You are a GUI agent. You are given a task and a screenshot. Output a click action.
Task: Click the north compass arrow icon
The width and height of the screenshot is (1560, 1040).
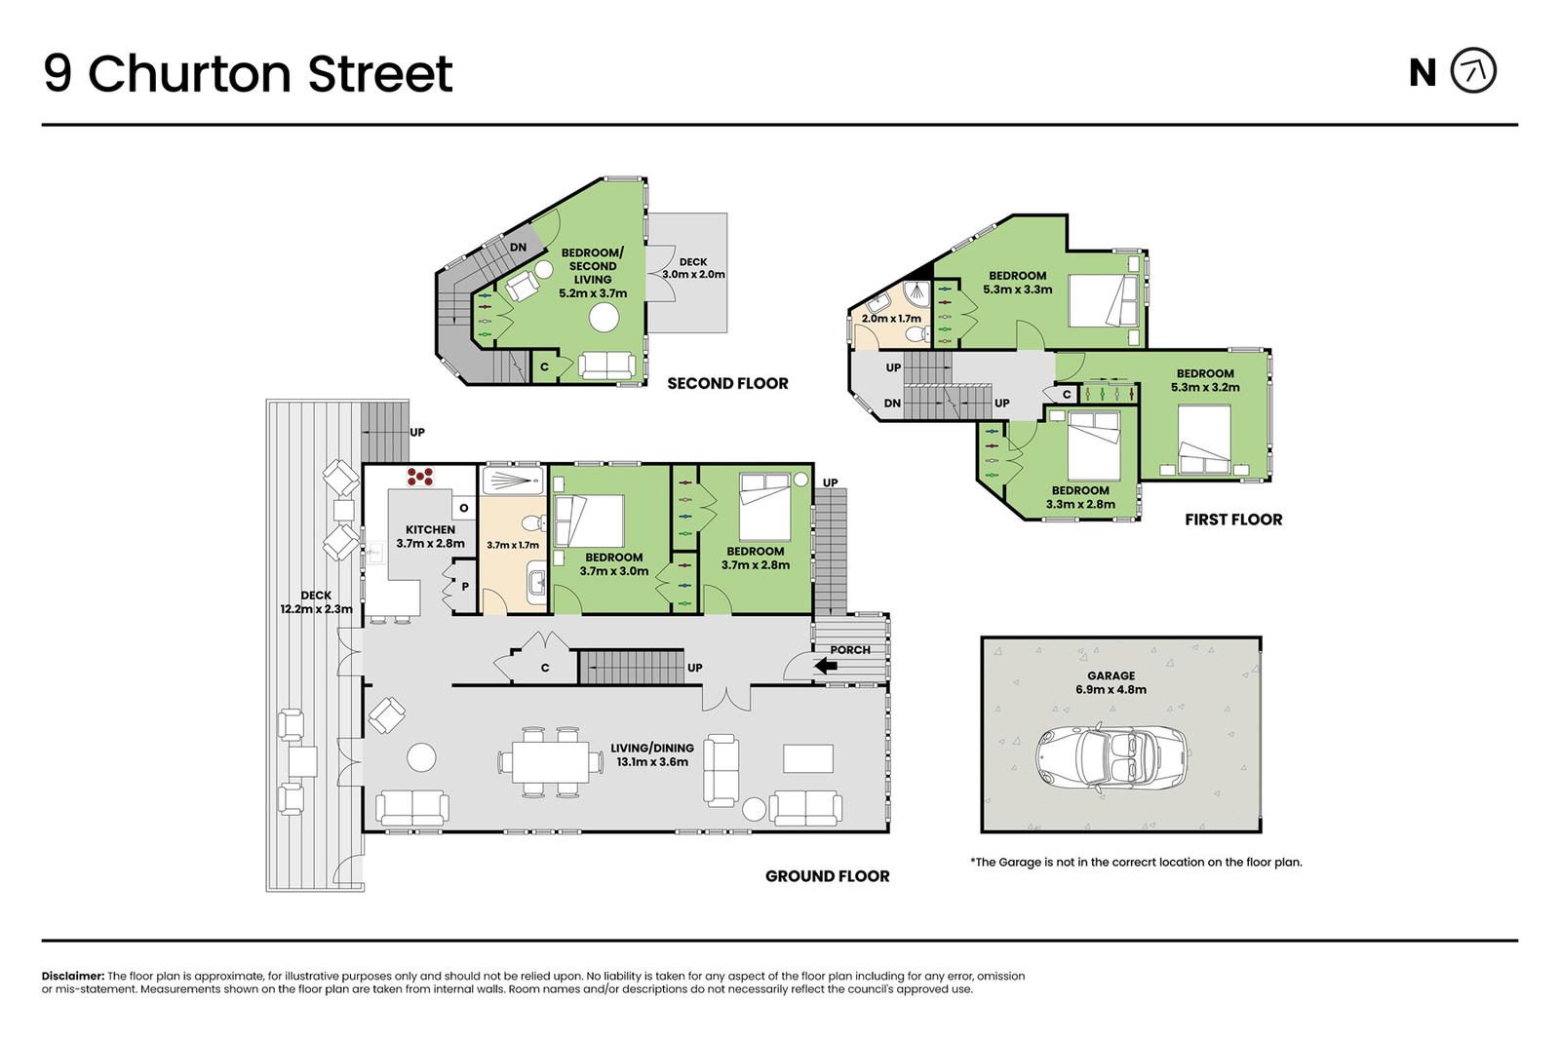coord(1473,70)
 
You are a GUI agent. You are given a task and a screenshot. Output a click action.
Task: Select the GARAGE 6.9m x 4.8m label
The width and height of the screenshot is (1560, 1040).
coord(1111,682)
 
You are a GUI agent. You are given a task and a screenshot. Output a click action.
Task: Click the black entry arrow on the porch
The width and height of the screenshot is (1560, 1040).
coord(826,666)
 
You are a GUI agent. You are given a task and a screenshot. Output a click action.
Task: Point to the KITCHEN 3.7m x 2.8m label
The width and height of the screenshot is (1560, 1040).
coord(430,537)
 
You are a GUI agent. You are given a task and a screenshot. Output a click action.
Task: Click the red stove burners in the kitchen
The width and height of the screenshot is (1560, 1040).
coord(420,477)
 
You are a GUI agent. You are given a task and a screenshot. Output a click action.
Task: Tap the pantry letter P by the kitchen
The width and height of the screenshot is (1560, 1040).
coord(465,586)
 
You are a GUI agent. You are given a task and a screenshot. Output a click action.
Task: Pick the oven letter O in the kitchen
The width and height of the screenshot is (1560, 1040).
coord(464,508)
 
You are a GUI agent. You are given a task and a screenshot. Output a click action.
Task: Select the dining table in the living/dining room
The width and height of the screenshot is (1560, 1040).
coord(550,761)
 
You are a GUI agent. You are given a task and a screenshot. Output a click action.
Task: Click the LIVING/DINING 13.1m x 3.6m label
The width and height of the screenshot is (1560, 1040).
coord(652,754)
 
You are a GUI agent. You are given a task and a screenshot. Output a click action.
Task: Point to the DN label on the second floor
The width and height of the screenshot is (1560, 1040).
coord(518,248)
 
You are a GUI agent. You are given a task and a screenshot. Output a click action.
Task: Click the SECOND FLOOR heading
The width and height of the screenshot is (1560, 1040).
coord(727,383)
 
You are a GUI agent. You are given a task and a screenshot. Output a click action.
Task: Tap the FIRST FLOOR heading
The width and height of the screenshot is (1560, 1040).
coord(1233,520)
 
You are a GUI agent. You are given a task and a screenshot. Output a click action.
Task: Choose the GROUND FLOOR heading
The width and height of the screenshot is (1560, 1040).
coord(828,875)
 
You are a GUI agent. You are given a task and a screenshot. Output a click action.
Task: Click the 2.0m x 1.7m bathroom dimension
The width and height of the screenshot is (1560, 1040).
coord(891,318)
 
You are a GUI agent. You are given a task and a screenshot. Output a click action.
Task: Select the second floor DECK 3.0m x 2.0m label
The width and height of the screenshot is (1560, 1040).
coord(693,268)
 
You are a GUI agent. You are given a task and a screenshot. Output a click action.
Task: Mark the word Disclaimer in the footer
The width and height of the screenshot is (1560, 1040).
coord(73,976)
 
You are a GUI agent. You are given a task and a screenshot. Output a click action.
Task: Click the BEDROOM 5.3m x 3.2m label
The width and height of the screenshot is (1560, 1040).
coord(1205,380)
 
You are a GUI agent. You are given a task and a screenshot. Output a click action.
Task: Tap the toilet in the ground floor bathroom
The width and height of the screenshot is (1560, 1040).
coord(534,522)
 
